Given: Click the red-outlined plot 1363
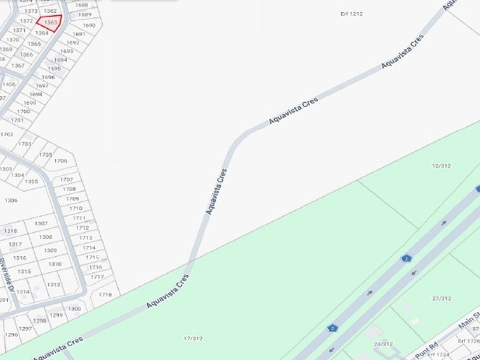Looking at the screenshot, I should pos(50,23).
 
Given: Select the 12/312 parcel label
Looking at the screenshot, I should pos(441,166).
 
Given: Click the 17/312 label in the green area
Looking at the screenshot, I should pos(193,338).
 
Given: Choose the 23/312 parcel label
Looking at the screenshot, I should pos(383,344).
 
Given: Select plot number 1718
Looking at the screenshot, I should pos(105,295).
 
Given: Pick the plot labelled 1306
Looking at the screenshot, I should pos(11,200).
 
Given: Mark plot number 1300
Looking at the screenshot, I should pos(74,309).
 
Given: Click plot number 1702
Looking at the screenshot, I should pos(7,134).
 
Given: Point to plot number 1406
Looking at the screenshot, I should pos(8,84).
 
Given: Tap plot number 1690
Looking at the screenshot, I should pos(89,25).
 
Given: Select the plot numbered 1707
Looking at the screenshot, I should pos(67,179).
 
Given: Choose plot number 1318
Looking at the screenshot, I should pos(11,231).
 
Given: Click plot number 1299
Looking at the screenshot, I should pos(56,315).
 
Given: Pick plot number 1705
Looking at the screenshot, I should pos(46,154).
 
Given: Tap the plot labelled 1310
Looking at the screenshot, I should pos(55,264).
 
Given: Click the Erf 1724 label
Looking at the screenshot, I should pos(469,341).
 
